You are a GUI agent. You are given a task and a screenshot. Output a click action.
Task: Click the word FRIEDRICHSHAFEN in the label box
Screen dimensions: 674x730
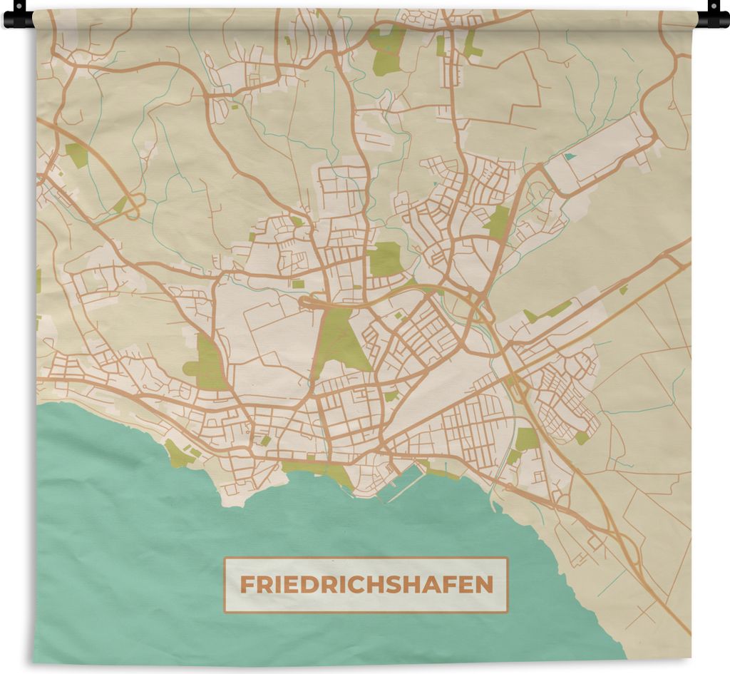[366, 585]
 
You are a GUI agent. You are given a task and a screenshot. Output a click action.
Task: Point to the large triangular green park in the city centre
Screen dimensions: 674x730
[340, 341]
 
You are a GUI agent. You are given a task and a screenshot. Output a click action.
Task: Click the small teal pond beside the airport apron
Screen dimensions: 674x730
[569, 156]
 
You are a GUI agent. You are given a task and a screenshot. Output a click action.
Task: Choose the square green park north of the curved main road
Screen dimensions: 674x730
[386, 258]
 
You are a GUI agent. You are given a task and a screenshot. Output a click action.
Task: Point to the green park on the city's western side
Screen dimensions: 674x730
[207, 364]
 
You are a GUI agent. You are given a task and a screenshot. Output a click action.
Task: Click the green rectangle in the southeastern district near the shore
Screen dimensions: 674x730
[527, 439]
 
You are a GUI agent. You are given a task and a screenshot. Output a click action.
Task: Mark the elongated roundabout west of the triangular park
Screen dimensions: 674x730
[312, 303]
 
